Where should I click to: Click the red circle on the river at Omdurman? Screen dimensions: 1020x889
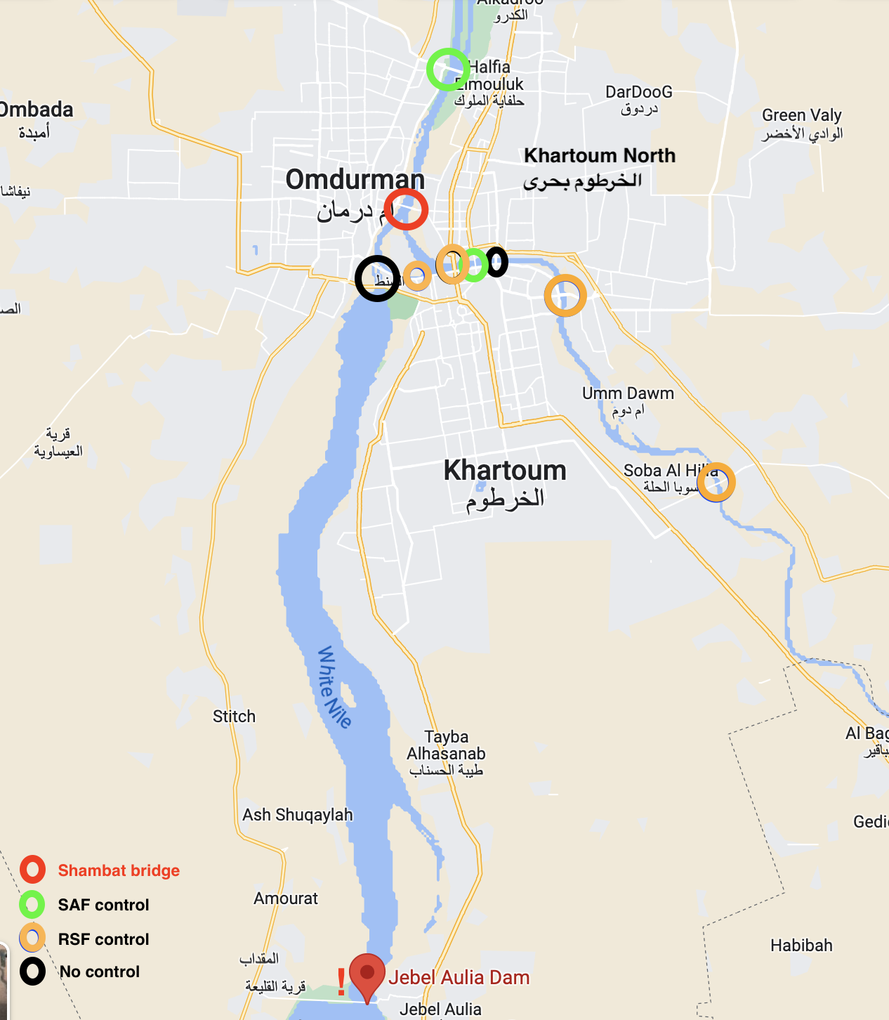click(406, 209)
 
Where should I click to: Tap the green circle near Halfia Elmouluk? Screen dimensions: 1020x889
click(448, 70)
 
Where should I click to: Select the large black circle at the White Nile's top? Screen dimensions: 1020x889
click(377, 279)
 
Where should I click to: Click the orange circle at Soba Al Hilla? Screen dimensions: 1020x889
click(716, 483)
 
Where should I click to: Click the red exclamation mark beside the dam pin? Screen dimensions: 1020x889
click(341, 981)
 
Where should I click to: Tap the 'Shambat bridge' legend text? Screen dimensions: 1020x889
click(119, 870)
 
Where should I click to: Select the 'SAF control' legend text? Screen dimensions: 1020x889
click(103, 905)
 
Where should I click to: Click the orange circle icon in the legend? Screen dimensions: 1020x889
click(32, 938)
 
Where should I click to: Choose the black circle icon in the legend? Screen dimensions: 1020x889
click(32, 972)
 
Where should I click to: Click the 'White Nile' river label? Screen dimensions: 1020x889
click(334, 687)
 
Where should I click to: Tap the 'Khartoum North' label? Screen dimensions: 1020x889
click(600, 155)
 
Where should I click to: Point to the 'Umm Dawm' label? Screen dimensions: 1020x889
click(628, 393)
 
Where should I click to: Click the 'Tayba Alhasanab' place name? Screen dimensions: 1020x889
click(447, 745)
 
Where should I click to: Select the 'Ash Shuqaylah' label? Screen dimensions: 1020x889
click(298, 815)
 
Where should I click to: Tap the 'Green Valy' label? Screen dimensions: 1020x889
click(801, 115)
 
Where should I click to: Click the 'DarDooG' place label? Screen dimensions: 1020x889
click(638, 92)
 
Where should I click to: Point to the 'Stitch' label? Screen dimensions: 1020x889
click(234, 717)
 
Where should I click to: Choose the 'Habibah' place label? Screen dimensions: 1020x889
click(801, 946)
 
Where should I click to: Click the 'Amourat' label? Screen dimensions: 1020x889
click(286, 898)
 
